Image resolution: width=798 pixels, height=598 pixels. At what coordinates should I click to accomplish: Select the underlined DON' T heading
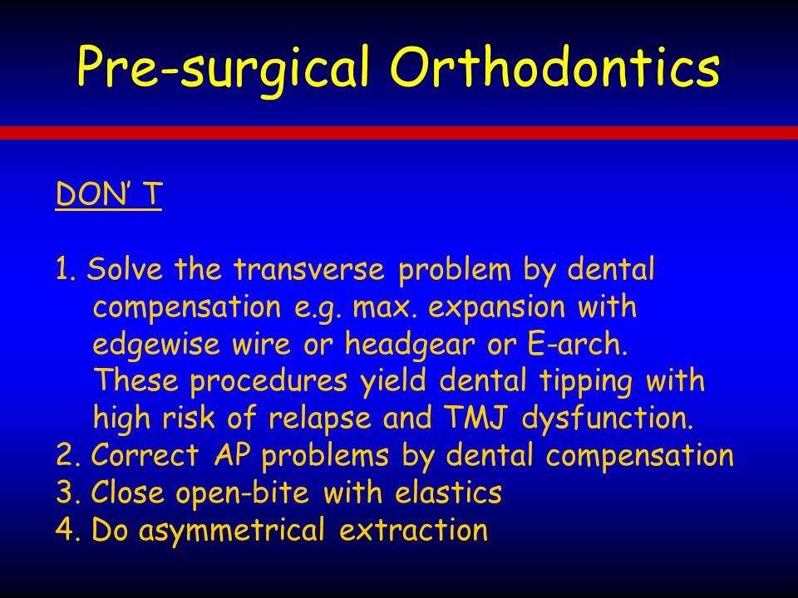109,194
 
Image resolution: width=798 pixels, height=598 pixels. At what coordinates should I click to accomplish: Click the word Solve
125,268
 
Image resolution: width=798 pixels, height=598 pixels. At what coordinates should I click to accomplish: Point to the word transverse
309,269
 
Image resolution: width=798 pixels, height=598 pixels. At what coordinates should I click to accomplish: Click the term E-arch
578,344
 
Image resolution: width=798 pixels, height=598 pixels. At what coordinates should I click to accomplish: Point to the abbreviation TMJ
476,418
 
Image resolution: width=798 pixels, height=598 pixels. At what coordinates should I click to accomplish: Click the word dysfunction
608,419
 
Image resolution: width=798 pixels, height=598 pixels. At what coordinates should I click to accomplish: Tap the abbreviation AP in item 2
232,455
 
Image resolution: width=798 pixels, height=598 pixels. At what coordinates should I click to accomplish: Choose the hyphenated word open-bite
242,493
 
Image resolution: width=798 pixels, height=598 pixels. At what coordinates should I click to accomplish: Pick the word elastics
448,493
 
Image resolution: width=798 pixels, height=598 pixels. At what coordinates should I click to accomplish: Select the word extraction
414,530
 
